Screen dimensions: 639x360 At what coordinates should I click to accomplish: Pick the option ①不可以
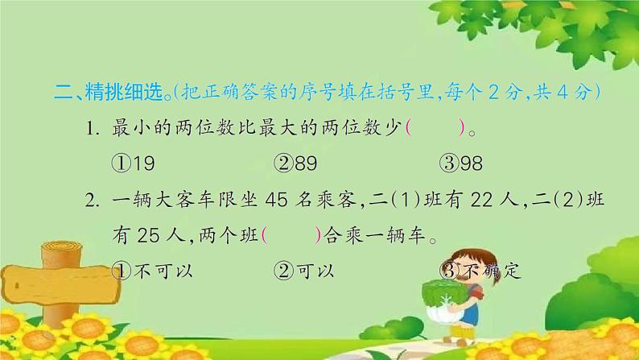(x=152, y=271)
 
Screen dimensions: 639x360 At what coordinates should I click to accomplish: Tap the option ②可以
(x=304, y=271)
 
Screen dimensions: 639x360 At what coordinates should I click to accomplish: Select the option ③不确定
(x=480, y=271)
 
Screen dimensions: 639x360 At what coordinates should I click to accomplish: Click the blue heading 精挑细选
(x=124, y=93)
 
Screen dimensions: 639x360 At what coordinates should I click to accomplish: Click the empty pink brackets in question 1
(x=435, y=128)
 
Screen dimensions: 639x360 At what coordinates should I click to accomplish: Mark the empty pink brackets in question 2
(x=291, y=235)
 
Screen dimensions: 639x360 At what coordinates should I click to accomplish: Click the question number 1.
(x=92, y=129)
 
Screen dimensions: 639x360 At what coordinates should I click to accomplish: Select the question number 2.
(x=92, y=201)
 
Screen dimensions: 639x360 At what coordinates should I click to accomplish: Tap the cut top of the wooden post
(x=62, y=246)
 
